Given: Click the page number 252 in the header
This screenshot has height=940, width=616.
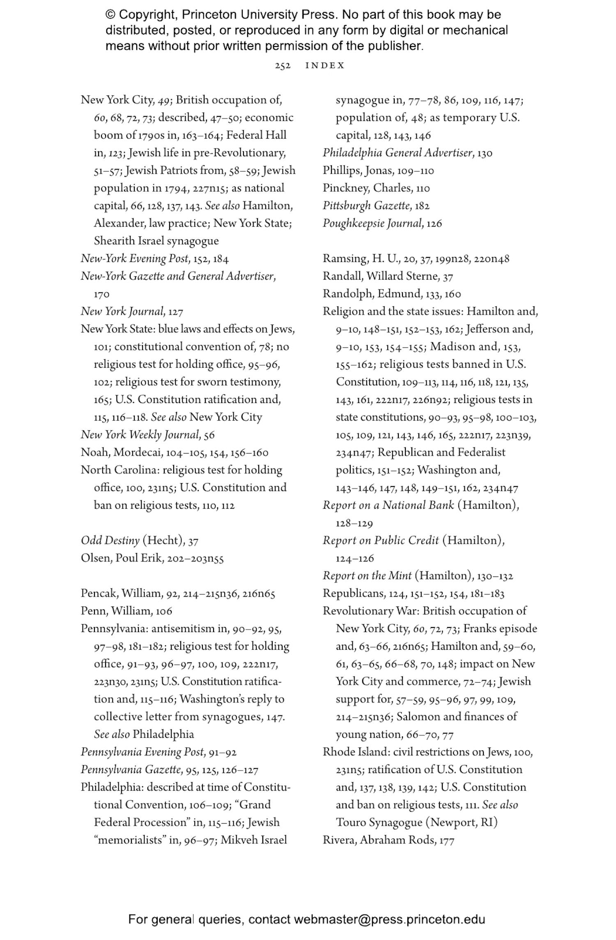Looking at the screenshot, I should (x=283, y=66).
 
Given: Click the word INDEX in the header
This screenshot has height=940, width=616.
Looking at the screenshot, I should (x=325, y=66).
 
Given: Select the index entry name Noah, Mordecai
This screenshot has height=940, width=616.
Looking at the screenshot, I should (x=122, y=452).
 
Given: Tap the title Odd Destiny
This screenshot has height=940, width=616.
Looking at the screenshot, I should (x=110, y=540).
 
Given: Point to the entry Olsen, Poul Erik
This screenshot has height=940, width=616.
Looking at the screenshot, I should (x=122, y=558).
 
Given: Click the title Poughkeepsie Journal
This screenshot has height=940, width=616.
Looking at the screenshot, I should (x=372, y=223).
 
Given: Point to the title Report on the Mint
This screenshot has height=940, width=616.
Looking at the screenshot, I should (x=367, y=576).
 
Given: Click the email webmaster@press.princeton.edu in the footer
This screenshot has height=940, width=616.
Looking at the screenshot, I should (x=389, y=919).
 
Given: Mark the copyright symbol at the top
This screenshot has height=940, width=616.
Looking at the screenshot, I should (x=110, y=15).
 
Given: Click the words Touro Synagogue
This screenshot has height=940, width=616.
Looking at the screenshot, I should (x=379, y=822).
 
